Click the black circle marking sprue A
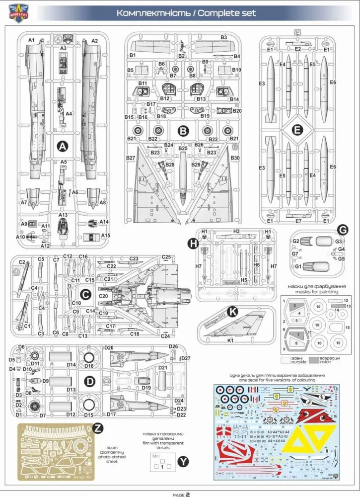(62, 146)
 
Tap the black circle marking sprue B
(183, 131)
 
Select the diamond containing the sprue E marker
(297, 130)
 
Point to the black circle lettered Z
(98, 427)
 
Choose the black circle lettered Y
(184, 462)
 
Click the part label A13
(63, 215)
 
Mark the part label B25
(183, 148)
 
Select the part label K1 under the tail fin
(231, 341)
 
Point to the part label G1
(298, 267)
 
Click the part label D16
(89, 366)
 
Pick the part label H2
(236, 232)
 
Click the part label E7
(298, 220)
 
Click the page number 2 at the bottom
(188, 494)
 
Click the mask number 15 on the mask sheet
(348, 327)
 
